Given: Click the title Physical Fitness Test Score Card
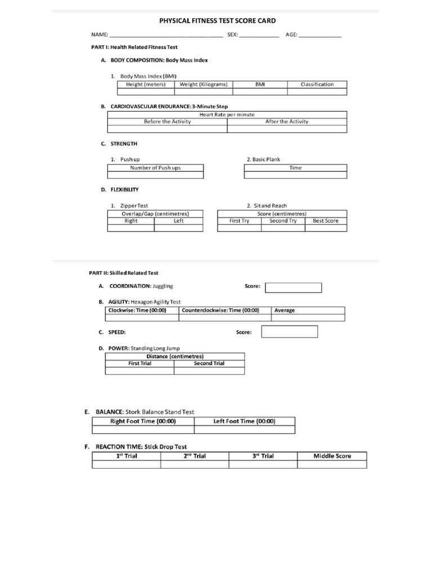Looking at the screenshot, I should tap(218, 21).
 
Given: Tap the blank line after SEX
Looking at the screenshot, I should tap(259, 35).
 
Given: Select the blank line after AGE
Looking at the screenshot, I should tap(319, 35).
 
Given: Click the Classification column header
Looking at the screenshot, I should tap(317, 85).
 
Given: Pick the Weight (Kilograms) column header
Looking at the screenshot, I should tap(204, 85).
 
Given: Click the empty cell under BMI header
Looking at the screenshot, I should tap(259, 92).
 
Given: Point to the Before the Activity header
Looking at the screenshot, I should tap(167, 122).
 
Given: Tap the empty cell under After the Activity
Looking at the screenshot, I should tap(287, 129).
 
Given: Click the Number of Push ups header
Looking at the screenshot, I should tap(155, 168).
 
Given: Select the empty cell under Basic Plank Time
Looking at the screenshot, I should tap(295, 175).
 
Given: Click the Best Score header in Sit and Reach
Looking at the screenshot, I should tap(326, 221).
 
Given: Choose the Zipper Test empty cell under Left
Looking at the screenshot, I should tap(178, 228).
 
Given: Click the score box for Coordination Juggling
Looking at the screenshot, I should tap(293, 288).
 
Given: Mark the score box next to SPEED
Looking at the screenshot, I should tap(289, 332).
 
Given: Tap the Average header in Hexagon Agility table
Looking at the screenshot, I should tap(285, 310).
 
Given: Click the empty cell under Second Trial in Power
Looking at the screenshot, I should tap(209, 371).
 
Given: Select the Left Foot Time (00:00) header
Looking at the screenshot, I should tap(244, 421).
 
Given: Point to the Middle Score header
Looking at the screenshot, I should tap(332, 456).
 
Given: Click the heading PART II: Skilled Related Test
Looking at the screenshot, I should tap(124, 273).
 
